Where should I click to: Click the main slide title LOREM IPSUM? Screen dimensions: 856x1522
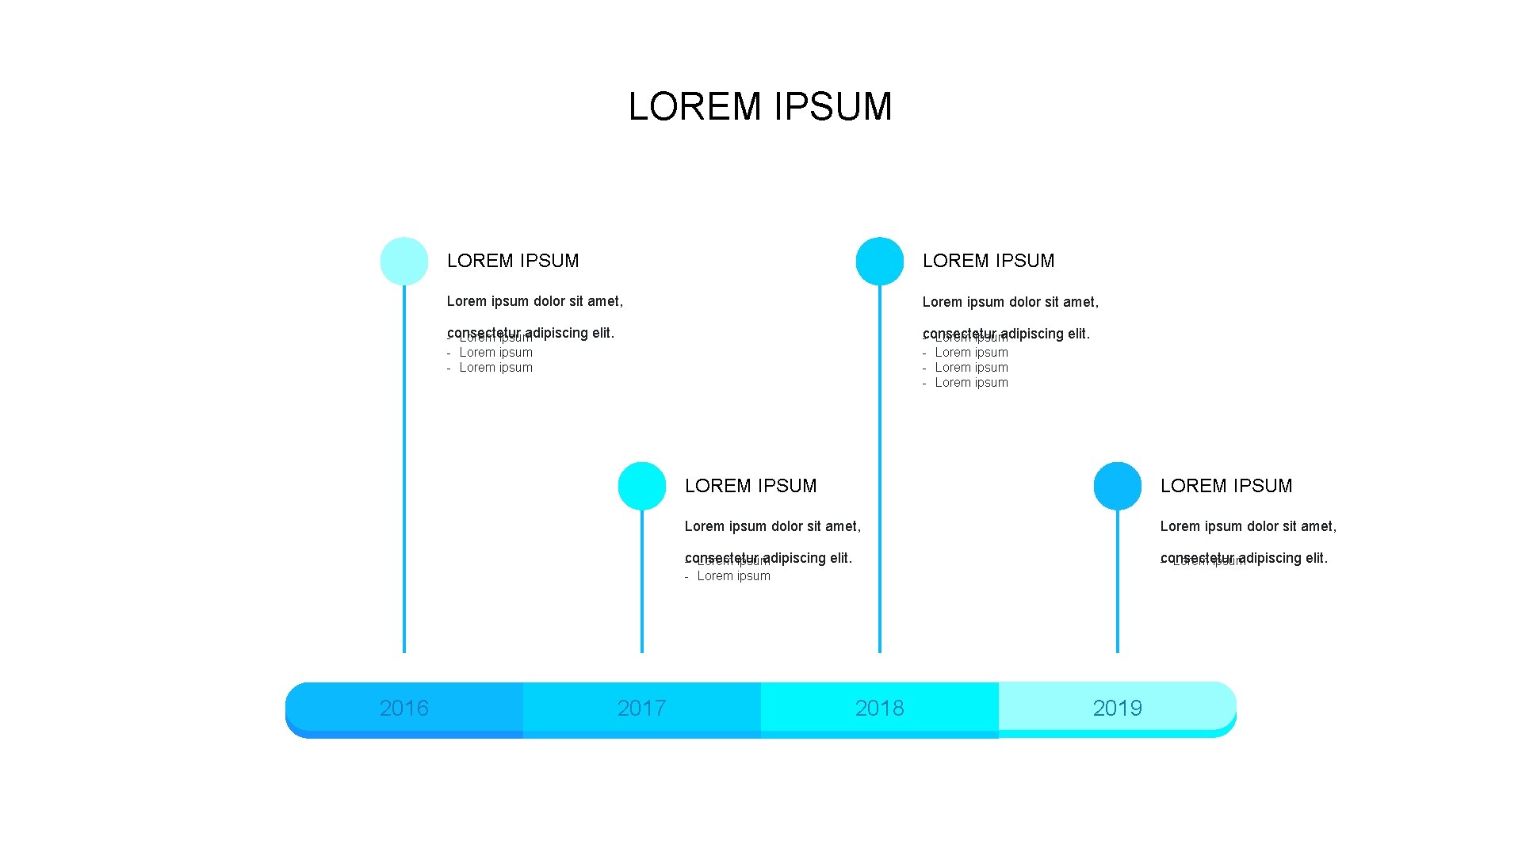(x=760, y=107)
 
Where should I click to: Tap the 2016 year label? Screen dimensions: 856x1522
(x=403, y=708)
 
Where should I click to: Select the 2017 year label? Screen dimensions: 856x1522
(x=641, y=708)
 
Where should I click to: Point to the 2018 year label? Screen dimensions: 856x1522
(x=879, y=708)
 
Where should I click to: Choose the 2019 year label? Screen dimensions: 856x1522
(x=1117, y=708)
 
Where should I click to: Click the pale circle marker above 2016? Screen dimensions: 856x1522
(x=404, y=261)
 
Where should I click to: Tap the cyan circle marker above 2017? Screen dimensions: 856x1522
(x=642, y=486)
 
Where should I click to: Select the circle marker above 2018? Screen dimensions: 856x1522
(x=880, y=261)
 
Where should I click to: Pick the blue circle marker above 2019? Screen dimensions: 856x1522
(x=1118, y=486)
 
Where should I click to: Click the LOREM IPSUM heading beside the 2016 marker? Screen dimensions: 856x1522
(x=513, y=261)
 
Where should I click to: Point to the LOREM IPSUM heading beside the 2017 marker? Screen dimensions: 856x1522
(x=751, y=486)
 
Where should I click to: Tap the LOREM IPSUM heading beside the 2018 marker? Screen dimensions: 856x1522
(x=989, y=261)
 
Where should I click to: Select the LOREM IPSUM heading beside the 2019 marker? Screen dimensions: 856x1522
(x=1226, y=486)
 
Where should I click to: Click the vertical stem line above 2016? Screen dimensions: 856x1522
(x=404, y=476)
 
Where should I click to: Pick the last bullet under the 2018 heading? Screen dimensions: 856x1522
(x=971, y=383)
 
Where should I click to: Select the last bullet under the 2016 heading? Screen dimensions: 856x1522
(x=495, y=368)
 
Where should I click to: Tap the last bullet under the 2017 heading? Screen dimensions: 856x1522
(x=733, y=576)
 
